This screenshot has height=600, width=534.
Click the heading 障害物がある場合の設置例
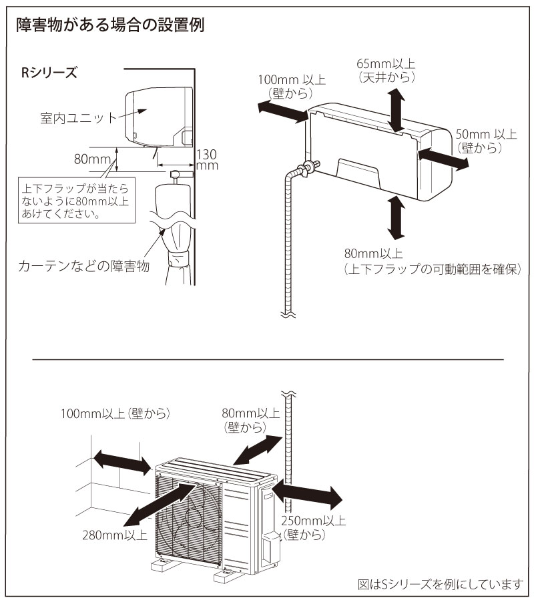[109, 26]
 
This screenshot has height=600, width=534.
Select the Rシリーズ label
[49, 73]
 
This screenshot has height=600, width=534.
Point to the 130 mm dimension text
[207, 159]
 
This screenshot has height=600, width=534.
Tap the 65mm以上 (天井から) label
[386, 70]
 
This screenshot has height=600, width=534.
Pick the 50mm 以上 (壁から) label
[485, 141]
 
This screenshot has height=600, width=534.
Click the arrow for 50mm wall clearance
[443, 159]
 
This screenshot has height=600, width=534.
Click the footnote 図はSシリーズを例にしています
[439, 584]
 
